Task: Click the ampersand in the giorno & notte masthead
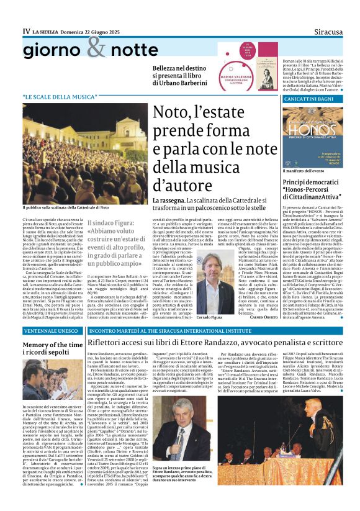pyautogui.click(x=97, y=46)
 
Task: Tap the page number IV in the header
pyautogui.click(x=26, y=30)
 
